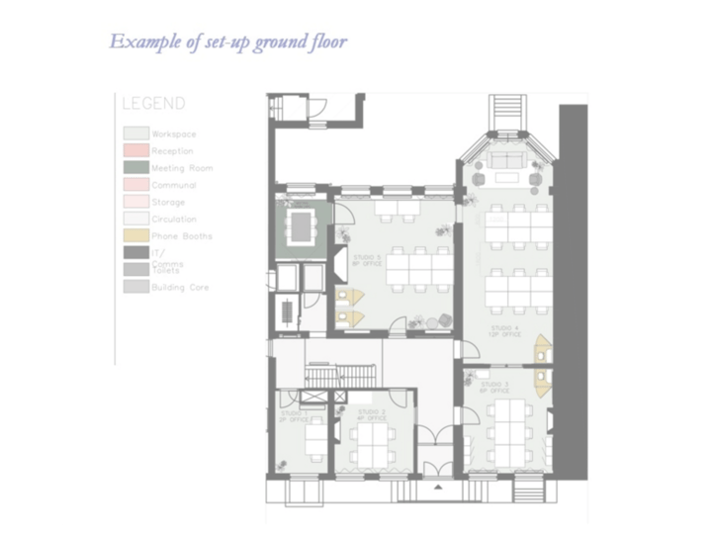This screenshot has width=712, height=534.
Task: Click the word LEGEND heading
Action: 153,104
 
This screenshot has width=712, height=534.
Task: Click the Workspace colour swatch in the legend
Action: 135,133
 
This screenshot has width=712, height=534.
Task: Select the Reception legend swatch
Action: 135,150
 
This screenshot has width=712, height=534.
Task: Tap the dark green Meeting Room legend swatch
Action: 135,168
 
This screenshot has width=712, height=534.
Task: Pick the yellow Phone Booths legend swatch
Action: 135,236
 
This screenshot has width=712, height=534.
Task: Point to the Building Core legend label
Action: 180,288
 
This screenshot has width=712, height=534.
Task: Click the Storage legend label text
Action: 168,202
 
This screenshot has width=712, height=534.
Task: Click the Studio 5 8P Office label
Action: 366,260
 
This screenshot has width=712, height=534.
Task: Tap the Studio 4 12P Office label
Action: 505,331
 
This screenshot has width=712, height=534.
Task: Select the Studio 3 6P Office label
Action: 493,387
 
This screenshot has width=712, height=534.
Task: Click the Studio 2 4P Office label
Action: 372,413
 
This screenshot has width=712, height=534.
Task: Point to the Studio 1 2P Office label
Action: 294,416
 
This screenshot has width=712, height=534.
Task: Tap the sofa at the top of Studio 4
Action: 508,162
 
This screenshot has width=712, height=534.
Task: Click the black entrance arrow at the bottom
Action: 436,489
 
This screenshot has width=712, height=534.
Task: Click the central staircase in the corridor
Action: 335,376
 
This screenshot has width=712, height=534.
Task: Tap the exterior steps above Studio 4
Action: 505,107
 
